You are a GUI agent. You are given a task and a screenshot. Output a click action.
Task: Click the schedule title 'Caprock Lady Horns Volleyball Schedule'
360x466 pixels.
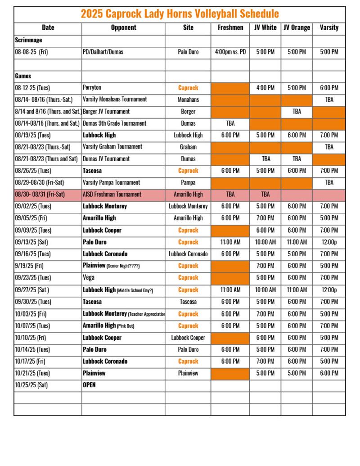pos(180,14)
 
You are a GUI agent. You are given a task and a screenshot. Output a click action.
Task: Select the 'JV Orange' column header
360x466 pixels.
pos(297,27)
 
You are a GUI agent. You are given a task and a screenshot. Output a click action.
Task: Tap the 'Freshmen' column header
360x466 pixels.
pos(230,27)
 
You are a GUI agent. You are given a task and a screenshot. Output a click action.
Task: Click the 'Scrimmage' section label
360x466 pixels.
pos(28,40)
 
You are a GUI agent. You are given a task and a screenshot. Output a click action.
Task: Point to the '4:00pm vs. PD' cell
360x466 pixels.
pos(230,52)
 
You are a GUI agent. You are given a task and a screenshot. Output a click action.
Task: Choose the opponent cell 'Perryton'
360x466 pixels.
pos(92,88)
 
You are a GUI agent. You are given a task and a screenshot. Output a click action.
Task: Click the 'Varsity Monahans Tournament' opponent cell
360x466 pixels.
pos(115,100)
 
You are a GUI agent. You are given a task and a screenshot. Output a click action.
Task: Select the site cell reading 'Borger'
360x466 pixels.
pos(188,112)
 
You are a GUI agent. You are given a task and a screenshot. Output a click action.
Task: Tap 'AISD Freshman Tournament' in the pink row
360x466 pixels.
pos(112,195)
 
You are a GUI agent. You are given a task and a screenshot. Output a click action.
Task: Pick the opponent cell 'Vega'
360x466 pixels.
pos(89,277)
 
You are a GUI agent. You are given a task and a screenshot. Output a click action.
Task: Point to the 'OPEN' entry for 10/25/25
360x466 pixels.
pos(89,385)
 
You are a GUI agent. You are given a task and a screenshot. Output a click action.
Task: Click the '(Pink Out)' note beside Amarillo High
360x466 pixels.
pos(126,326)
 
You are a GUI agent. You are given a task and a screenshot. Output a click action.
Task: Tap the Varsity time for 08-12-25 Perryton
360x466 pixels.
pos(329,88)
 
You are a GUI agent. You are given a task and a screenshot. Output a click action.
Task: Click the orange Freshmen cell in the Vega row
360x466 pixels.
pos(230,277)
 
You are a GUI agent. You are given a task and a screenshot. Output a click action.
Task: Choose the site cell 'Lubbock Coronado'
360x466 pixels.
pos(188,254)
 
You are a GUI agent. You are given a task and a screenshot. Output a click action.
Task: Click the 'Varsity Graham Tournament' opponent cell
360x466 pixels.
pos(112,147)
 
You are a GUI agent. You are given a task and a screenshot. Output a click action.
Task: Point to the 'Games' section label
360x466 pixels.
pos(23,76)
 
